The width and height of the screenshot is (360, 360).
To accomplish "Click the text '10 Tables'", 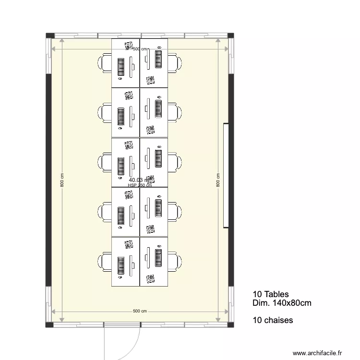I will (x=270, y=294).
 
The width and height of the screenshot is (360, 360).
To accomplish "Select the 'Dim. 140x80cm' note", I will (x=281, y=303).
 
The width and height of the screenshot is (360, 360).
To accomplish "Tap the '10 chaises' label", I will (x=272, y=320).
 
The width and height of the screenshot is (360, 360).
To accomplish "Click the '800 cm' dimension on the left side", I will (x=62, y=180).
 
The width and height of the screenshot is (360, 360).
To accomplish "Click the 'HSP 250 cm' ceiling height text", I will (x=140, y=186).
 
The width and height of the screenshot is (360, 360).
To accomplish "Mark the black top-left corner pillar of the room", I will (x=49, y=36).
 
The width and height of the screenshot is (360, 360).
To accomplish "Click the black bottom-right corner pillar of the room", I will (x=231, y=325).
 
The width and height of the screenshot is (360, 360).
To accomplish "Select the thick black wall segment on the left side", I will (x=48, y=180).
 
